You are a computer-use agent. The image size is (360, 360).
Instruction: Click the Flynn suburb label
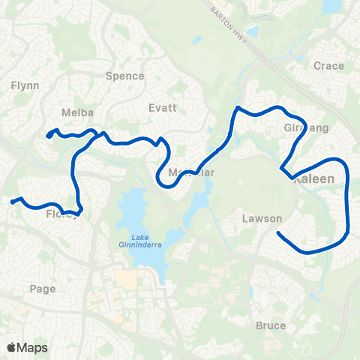point(20,86)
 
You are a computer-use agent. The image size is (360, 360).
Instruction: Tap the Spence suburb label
point(124,76)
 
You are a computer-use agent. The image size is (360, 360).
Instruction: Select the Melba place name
point(77,112)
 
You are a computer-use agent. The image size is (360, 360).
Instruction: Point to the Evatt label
point(163,107)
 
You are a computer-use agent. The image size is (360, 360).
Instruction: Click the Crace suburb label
point(329,66)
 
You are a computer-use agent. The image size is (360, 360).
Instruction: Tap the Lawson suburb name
point(262,219)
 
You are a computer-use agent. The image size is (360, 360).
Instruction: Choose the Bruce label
point(270,325)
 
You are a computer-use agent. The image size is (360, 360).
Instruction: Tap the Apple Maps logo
point(28,347)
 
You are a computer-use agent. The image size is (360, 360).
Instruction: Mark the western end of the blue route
point(12,202)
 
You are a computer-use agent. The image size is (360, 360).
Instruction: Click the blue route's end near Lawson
point(278,233)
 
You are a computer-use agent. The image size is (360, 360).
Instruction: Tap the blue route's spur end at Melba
point(47,136)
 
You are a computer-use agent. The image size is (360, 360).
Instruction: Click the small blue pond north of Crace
point(331,7)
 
